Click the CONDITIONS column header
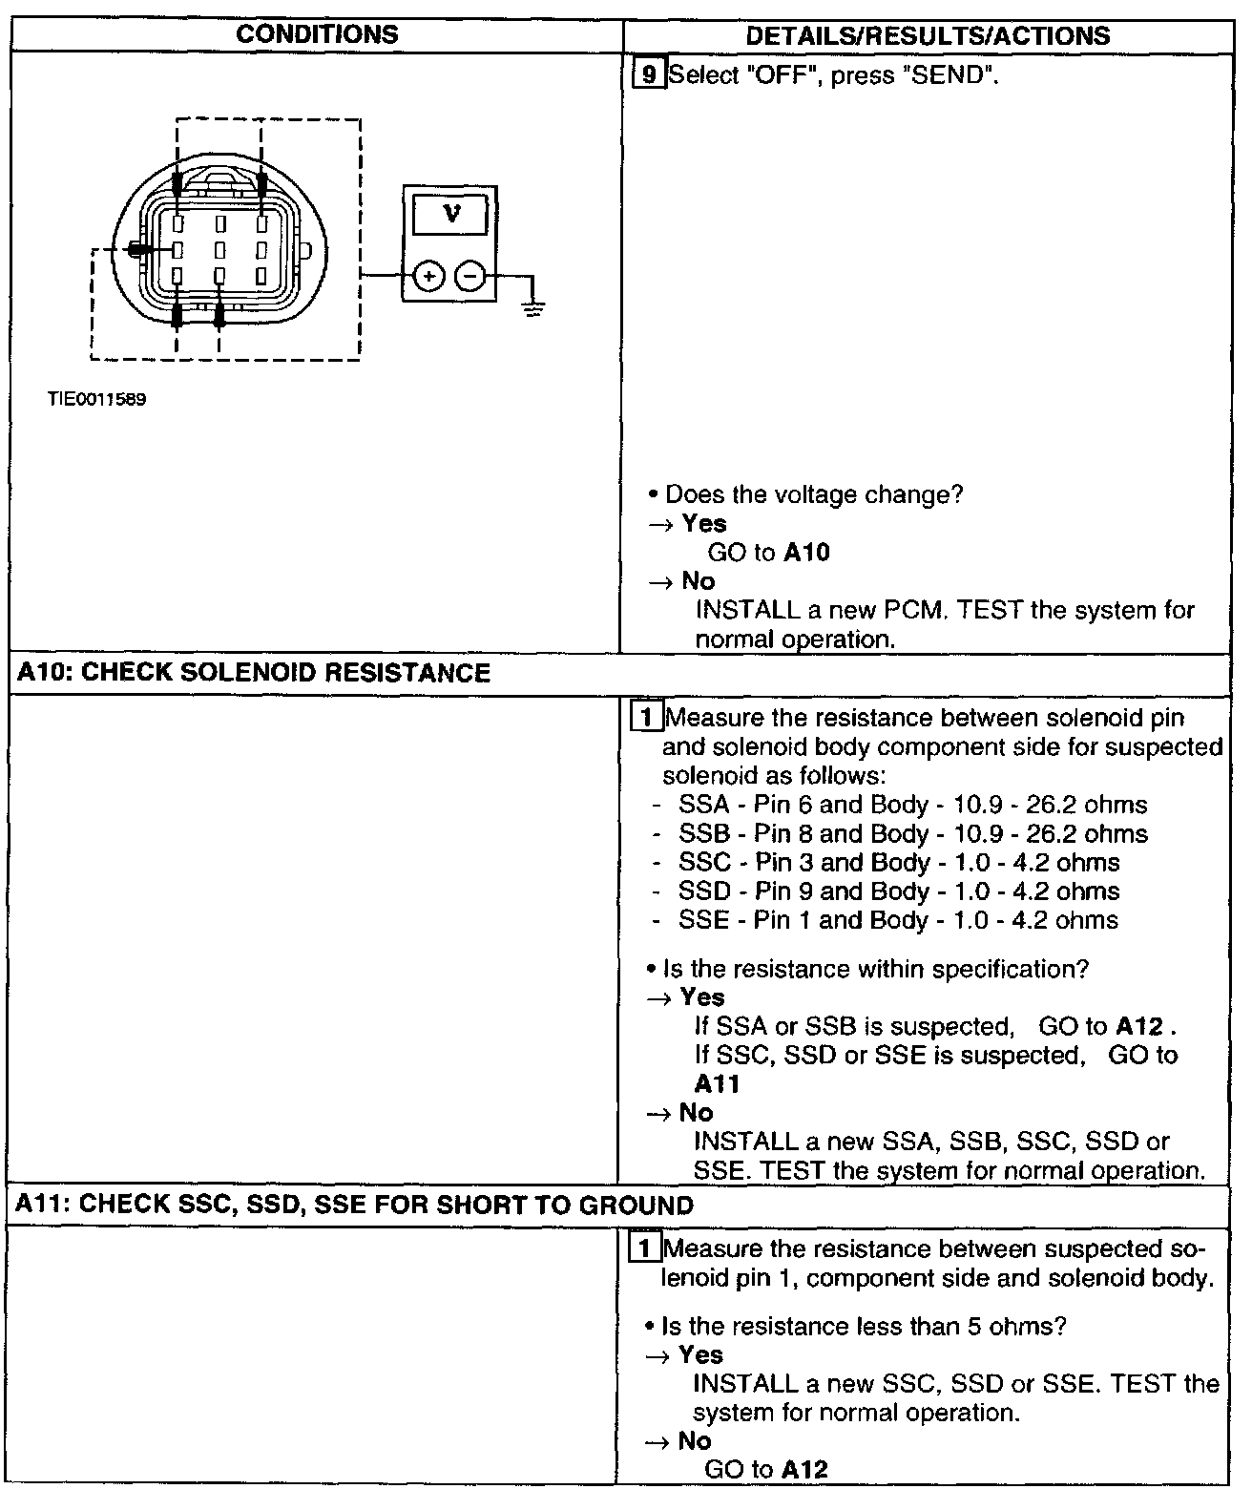click(317, 34)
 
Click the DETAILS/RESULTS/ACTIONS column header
click(928, 36)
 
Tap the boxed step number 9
click(648, 74)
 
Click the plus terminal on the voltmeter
click(429, 277)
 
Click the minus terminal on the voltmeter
click(469, 277)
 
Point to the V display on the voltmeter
click(451, 215)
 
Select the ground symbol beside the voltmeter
click(532, 307)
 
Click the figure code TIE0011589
click(97, 400)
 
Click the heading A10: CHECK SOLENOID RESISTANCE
click(254, 673)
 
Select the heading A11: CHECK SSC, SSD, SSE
click(355, 1205)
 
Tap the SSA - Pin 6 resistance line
click(912, 805)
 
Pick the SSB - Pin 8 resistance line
click(912, 833)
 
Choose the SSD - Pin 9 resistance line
click(898, 891)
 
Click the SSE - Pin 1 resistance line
click(898, 920)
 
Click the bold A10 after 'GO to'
click(806, 553)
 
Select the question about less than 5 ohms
click(863, 1326)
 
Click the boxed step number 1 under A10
click(646, 717)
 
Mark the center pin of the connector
click(219, 250)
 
